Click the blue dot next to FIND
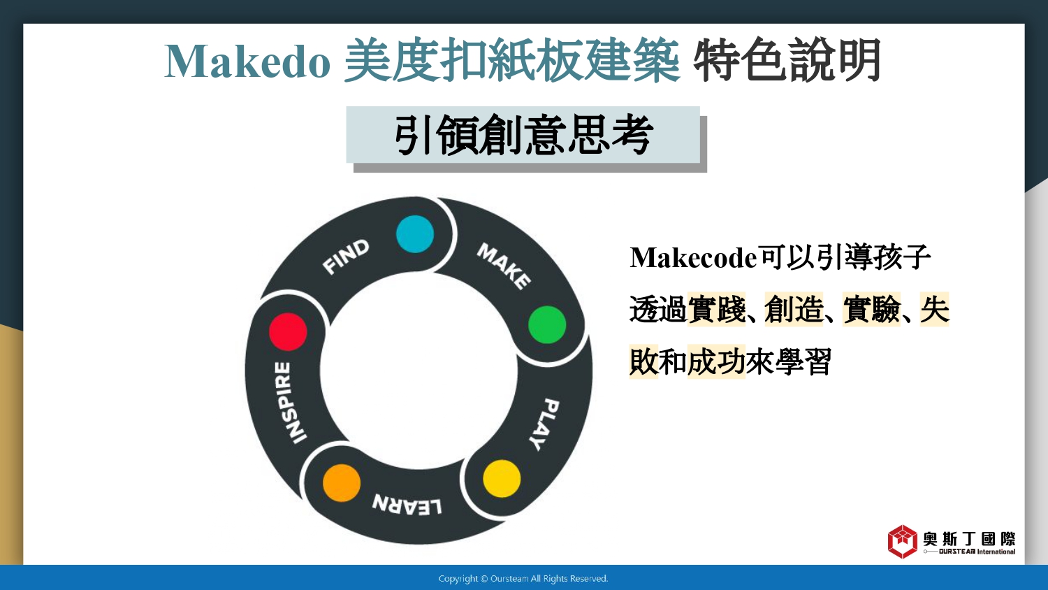(415, 234)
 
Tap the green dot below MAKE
(547, 324)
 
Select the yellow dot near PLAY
(502, 479)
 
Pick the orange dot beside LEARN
(342, 483)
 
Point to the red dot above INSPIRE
(288, 331)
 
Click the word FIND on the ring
(346, 257)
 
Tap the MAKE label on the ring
(504, 266)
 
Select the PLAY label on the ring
(544, 425)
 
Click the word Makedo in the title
(247, 62)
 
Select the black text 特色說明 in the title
(787, 61)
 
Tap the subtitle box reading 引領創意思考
(523, 135)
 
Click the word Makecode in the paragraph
(693, 257)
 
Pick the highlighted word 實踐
(716, 309)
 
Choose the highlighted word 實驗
(872, 309)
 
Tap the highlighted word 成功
(716, 361)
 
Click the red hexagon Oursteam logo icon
(903, 542)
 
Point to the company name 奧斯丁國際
(970, 539)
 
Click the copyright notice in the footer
(523, 579)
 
